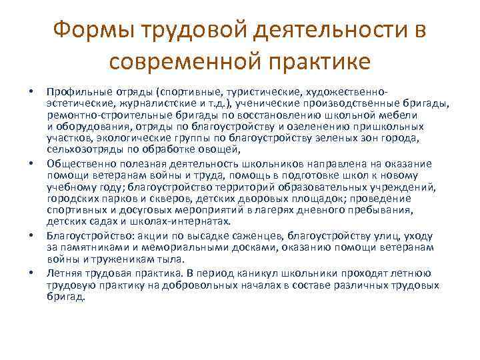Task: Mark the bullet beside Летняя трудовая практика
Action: pyautogui.click(x=31, y=273)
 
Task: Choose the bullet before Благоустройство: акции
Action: pyautogui.click(x=31, y=236)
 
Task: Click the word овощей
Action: pyautogui.click(x=216, y=149)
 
